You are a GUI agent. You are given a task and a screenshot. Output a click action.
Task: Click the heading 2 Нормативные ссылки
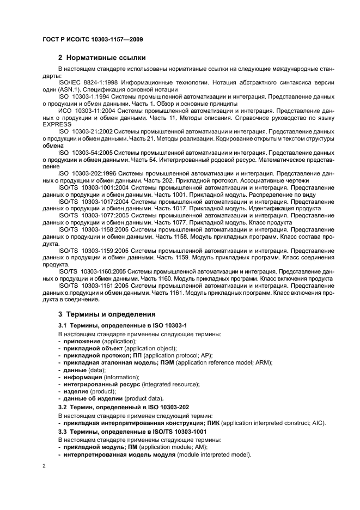(101, 57)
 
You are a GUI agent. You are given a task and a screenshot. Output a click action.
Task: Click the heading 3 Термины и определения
(107, 314)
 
